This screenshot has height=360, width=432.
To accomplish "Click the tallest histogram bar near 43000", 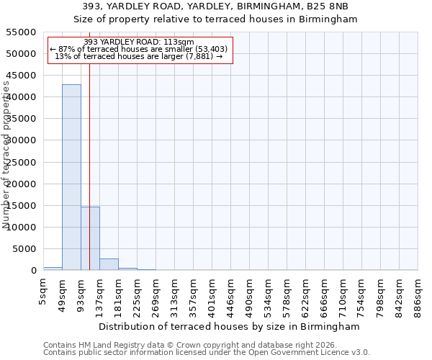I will pos(71,177).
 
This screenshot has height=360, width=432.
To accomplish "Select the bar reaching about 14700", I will pos(90,238).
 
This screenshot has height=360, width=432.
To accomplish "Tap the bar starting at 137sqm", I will pos(109,264).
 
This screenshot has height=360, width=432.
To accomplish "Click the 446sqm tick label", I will pos(230,293).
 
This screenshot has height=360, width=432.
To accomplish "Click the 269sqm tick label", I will pos(156,293).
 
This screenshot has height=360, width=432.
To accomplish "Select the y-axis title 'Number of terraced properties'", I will pos(7,155).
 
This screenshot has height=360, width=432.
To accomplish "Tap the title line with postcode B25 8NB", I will pos(216,6).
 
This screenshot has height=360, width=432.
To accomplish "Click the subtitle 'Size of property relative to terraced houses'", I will pos(216,19).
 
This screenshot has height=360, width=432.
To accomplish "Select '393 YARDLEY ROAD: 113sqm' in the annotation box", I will pos(139,42).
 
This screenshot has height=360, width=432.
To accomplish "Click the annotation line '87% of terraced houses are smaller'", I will pos(139,49).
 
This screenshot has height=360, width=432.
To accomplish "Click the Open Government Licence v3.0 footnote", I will pos(207,353).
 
